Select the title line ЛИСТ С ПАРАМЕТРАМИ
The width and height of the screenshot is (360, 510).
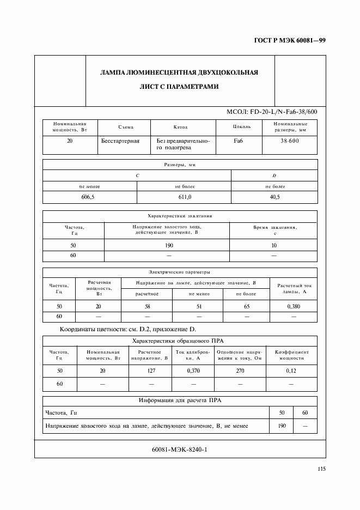click(179, 87)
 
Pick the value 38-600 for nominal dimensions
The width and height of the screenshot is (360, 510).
click(290, 141)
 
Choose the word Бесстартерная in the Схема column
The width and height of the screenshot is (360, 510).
click(120, 141)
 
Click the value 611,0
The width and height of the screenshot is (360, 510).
click(182, 197)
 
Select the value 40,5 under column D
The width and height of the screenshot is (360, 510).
click(274, 197)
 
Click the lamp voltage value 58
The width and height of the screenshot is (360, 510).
click(147, 306)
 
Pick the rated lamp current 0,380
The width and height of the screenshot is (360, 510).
click(294, 306)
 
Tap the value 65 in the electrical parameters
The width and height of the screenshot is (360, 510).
click(247, 306)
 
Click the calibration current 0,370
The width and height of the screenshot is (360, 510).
click(193, 371)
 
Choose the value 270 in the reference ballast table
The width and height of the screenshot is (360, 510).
click(240, 371)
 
